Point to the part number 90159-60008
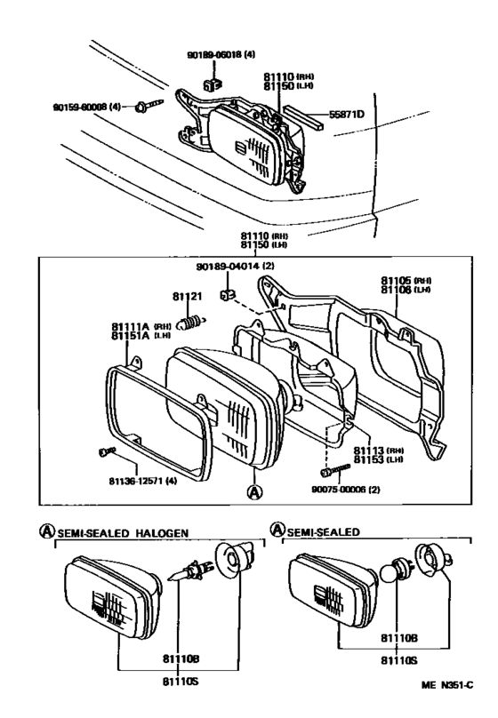pos(86,107)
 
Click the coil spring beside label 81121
pos(191,322)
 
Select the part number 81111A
pos(130,327)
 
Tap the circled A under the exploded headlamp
pos(254,490)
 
